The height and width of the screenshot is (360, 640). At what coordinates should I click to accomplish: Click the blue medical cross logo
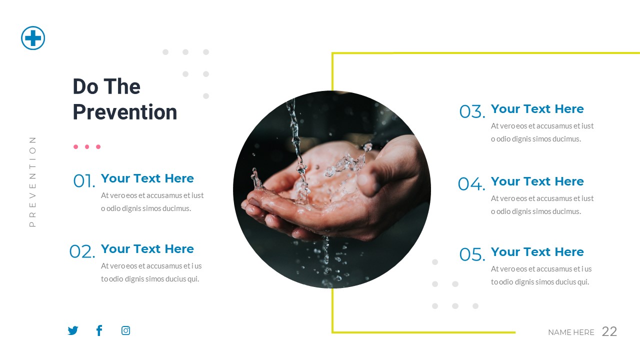[x=33, y=38]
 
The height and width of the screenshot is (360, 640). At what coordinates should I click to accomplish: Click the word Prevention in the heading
[x=125, y=112]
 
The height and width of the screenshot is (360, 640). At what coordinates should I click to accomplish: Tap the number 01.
[x=83, y=181]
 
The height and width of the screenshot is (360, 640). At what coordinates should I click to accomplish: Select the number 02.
[x=82, y=251]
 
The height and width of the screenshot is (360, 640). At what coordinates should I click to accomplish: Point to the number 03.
[x=472, y=112]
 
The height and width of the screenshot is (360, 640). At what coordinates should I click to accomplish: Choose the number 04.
[x=471, y=184]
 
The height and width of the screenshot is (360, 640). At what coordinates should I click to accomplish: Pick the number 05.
[x=472, y=254]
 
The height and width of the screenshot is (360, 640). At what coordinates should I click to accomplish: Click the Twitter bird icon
[x=73, y=330]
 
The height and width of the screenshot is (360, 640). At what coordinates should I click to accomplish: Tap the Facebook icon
[x=99, y=330]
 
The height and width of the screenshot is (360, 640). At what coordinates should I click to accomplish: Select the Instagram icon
[x=126, y=330]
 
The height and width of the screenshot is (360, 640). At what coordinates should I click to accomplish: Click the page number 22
[x=609, y=331]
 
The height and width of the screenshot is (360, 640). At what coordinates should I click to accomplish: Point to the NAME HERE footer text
[x=571, y=332]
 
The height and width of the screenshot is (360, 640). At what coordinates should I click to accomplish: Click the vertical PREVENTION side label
[x=33, y=181]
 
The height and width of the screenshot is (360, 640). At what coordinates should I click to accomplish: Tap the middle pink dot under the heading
[x=87, y=147]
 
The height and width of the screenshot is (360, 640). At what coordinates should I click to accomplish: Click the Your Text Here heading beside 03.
[x=537, y=109]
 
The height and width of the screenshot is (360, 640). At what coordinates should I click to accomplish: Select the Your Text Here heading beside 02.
[x=147, y=249]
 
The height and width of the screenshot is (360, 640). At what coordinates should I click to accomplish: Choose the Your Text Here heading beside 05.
[x=537, y=252]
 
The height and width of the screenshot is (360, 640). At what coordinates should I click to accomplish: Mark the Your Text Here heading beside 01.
[x=147, y=178]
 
